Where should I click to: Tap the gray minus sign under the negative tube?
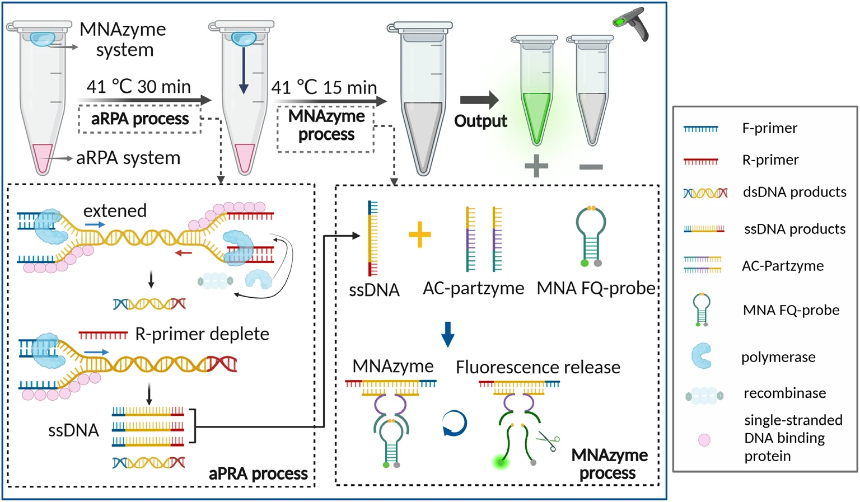click(591, 167)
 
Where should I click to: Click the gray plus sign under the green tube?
click(536, 166)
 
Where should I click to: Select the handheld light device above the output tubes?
click(632, 24)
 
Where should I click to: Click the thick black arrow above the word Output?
click(479, 100)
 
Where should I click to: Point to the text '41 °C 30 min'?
click(138, 87)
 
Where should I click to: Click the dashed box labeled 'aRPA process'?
click(140, 119)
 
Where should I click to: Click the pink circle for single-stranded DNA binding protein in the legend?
click(704, 440)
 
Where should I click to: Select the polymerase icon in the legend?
click(702, 356)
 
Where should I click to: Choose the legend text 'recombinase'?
click(784, 393)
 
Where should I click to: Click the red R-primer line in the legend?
click(700, 161)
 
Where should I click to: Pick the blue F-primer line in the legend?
click(700, 129)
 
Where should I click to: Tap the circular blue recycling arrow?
click(454, 424)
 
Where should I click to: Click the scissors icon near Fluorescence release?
click(548, 442)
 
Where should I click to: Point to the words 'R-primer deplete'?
click(202, 334)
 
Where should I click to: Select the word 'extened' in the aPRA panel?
click(115, 210)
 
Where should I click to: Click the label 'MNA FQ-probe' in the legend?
click(791, 310)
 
